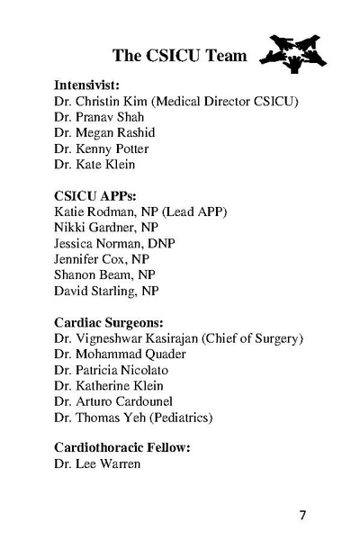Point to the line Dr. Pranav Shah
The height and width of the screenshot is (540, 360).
pos(99,116)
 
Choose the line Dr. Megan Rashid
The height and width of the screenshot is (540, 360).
pos(104,132)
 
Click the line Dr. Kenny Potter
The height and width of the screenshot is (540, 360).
pos(101,148)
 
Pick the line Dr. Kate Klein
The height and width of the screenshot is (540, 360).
pos(95,165)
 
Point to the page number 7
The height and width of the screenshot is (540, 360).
pos(302,516)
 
